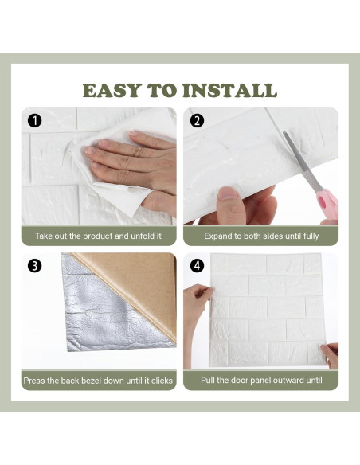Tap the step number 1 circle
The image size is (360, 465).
pos(34,121)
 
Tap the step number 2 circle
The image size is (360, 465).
pos(197,121)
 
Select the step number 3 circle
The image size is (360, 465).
pos(34,266)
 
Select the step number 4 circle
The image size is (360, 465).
pos(197,266)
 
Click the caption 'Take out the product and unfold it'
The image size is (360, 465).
pos(98,236)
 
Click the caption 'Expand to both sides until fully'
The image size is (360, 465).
pos(260,236)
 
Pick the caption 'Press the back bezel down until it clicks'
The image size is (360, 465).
pos(98,381)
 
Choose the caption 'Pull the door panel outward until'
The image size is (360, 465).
pos(260,381)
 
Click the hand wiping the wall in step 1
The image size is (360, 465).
pos(131,155)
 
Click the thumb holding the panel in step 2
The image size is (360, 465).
pos(229,193)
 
